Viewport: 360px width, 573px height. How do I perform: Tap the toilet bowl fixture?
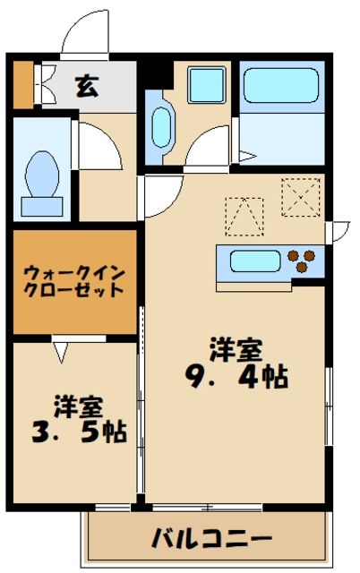click(x=41, y=178)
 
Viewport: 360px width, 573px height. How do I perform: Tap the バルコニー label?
click(x=210, y=540)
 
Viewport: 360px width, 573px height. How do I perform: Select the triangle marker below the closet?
click(x=60, y=351)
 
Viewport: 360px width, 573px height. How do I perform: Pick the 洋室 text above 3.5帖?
click(x=78, y=405)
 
